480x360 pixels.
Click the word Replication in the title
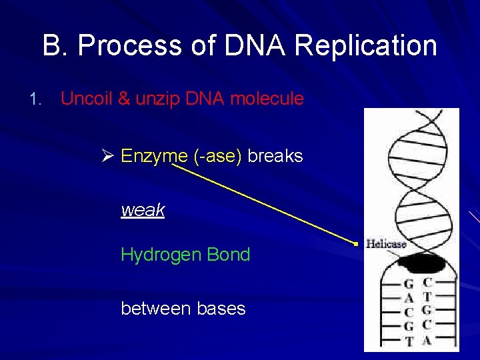click(x=365, y=47)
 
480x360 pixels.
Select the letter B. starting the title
click(x=55, y=47)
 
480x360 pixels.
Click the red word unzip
click(x=157, y=99)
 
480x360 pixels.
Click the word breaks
click(x=275, y=157)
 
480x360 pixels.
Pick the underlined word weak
click(x=143, y=211)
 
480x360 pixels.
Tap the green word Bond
click(x=229, y=255)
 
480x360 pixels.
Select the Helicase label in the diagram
click(x=386, y=244)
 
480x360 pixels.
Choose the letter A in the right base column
click(x=427, y=340)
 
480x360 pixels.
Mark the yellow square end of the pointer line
click(x=357, y=245)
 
